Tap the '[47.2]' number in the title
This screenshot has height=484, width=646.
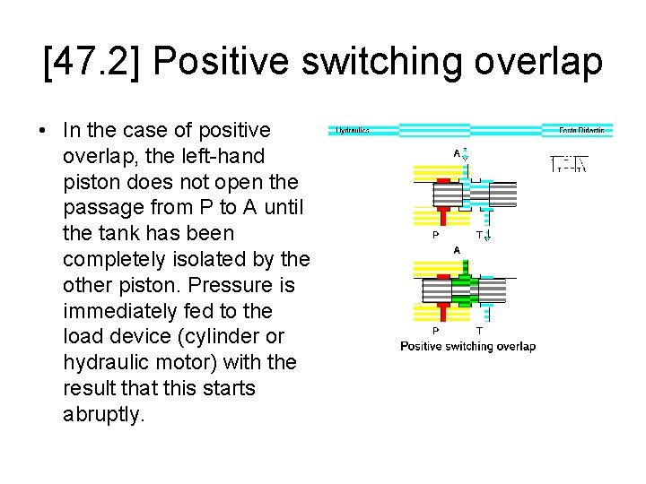tap(93, 62)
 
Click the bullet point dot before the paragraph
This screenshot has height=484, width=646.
tap(42, 131)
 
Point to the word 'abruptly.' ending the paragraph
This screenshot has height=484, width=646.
tap(104, 414)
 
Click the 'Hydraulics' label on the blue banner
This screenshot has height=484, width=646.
tap(353, 131)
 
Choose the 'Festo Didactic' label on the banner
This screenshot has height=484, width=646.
tap(581, 131)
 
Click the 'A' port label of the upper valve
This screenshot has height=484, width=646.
tap(457, 154)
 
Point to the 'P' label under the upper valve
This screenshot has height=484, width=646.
tap(436, 236)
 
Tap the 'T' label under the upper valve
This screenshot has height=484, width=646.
tap(479, 236)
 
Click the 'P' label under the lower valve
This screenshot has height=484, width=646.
tap(436, 330)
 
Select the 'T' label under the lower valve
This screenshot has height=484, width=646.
tap(479, 330)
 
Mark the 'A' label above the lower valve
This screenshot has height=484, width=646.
tap(457, 249)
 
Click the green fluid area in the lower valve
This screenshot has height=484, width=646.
tap(463, 288)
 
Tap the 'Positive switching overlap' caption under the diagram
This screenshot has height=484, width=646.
tap(467, 347)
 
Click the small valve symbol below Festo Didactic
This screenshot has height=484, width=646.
tap(569, 163)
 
